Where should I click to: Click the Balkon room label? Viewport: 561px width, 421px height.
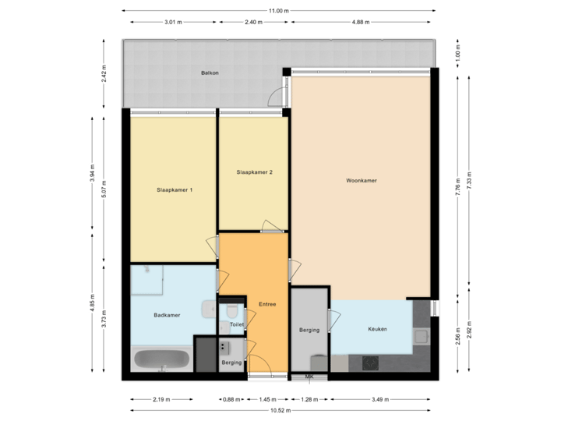[208, 73]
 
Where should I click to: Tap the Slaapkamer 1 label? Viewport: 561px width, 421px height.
[175, 190]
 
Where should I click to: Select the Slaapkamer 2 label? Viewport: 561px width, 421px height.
[254, 172]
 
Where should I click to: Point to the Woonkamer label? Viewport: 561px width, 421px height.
[362, 180]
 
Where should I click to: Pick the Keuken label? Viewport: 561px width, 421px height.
[377, 329]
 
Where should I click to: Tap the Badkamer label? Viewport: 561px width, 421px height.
[167, 316]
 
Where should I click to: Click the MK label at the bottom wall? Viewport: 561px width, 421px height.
[309, 377]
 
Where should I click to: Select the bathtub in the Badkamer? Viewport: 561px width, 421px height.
[161, 360]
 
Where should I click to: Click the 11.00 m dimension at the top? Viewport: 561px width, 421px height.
[278, 11]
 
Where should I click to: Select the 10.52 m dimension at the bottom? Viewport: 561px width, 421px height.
[278, 410]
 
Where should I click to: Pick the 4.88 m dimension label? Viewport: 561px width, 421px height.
[360, 23]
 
